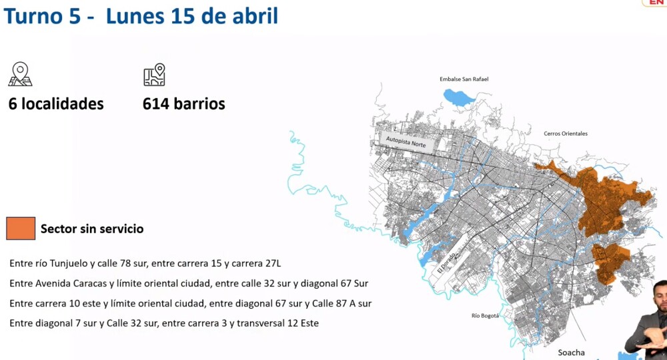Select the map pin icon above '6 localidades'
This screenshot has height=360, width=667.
coord(20,74)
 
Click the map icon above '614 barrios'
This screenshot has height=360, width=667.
coord(154,75)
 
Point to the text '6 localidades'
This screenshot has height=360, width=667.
coord(56,104)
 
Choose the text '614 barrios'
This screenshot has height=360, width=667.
coord(183,104)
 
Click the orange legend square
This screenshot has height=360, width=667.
coord(20,228)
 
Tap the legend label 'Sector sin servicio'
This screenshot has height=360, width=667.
coord(92,229)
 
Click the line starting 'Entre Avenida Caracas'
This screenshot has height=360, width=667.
coord(189,283)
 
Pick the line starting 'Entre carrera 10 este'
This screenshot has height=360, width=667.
coord(190,303)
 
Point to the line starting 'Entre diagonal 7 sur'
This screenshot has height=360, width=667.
coord(164,323)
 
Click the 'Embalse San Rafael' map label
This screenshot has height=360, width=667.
coord(464,79)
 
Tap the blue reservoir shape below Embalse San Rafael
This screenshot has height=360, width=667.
coord(459,98)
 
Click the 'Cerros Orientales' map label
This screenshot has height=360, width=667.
coord(566,134)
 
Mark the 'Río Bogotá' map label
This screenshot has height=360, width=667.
coord(485,315)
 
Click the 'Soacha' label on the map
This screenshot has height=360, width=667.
coord(572,352)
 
